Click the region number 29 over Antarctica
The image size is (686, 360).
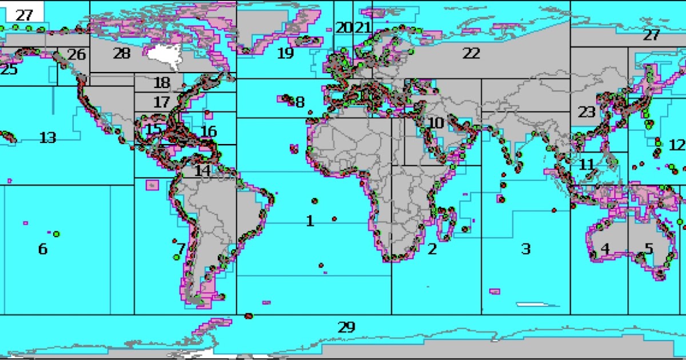(346, 327)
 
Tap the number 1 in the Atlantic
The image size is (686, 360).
(310, 221)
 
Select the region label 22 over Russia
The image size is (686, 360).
(471, 54)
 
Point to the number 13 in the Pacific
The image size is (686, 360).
(48, 138)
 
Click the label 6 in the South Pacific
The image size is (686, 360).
(42, 249)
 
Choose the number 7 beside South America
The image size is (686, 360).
(181, 249)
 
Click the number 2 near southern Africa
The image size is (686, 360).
(432, 249)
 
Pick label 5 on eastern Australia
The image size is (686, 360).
(648, 249)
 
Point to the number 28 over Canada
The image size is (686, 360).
(122, 54)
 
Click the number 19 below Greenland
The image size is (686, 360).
(285, 54)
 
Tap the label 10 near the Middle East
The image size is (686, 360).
(436, 122)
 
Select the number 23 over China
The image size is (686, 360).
(587, 111)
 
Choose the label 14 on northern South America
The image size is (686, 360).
(202, 170)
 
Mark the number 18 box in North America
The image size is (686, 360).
(162, 82)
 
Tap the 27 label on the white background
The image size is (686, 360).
(24, 15)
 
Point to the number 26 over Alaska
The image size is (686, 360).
(76, 55)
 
